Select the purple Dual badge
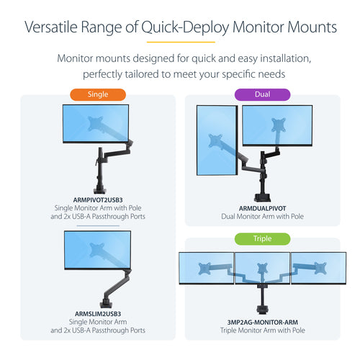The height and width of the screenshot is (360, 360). click(261, 94)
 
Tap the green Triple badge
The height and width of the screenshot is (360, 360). click(261, 238)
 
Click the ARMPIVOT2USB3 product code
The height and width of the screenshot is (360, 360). click(97, 199)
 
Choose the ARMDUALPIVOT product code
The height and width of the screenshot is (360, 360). click(261, 206)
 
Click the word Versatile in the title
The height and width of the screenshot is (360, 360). click(52, 27)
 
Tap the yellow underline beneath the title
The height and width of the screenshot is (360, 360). click(179, 42)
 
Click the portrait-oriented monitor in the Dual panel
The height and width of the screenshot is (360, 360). click(217, 140)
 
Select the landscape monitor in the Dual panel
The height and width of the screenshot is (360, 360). click(276, 126)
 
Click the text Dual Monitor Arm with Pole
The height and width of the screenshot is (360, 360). click(261, 215)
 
